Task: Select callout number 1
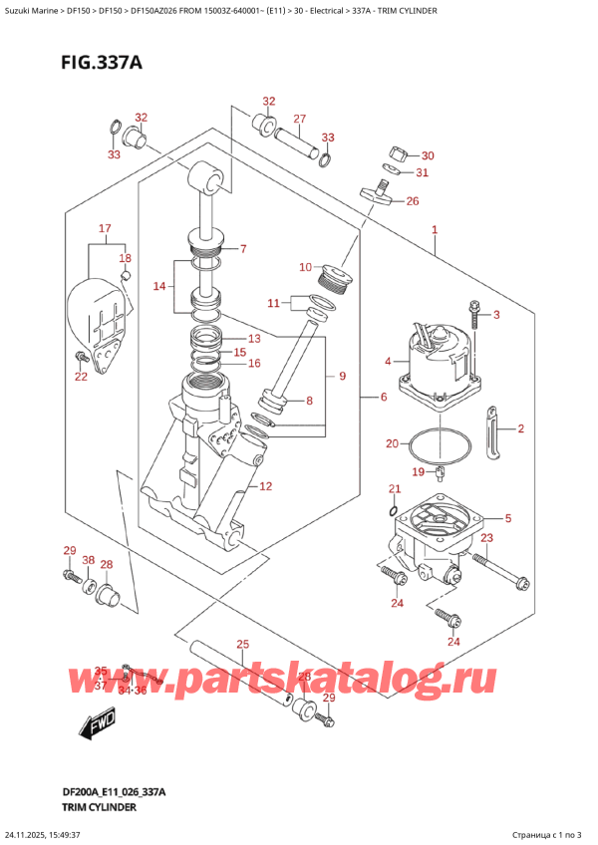[436, 231]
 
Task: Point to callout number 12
[265, 486]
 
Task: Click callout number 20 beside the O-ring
[392, 443]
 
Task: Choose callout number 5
[508, 518]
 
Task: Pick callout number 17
[104, 230]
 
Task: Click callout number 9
[342, 376]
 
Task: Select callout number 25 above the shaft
[243, 646]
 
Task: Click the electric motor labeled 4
[440, 364]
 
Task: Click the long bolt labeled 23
[499, 573]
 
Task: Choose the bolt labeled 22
[80, 357]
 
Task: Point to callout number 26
[413, 202]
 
